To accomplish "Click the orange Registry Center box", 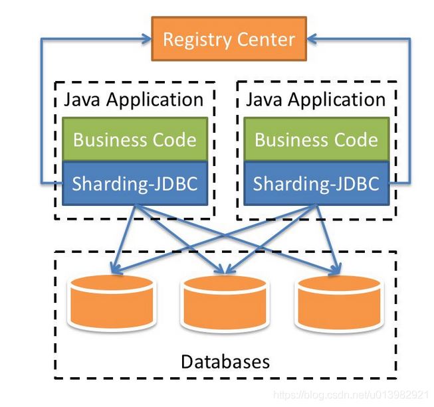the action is [x=229, y=39].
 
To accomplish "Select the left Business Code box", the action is [x=135, y=139].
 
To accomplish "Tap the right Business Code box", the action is [x=316, y=139].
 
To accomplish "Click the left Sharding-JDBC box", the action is [x=135, y=183].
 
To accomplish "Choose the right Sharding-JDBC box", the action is [x=316, y=183].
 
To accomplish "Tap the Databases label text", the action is [x=225, y=361].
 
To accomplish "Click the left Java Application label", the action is [x=134, y=100].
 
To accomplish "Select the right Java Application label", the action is [x=316, y=100].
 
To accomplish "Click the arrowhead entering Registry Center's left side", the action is [x=146, y=39].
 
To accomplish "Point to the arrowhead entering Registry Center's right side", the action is [x=312, y=39].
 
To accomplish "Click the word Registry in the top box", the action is [x=197, y=40].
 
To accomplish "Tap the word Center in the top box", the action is [x=266, y=39].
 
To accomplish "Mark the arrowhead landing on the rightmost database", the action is [x=336, y=269].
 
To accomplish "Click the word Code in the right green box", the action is [x=356, y=139].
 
